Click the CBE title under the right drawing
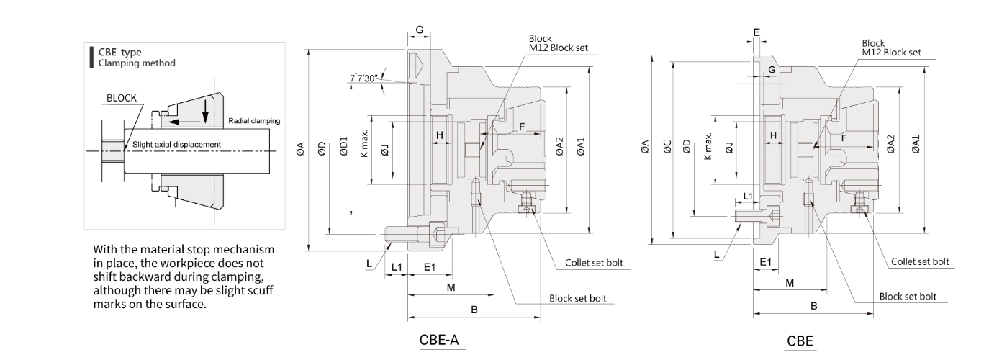click(x=800, y=341)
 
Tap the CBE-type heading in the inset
click(x=119, y=52)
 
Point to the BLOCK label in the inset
click(x=121, y=98)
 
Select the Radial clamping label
click(x=254, y=120)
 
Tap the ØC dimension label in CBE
click(x=667, y=147)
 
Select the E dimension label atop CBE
click(x=757, y=32)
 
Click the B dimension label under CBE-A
click(x=474, y=310)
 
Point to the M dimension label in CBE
click(x=790, y=283)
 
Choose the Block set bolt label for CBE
click(x=908, y=296)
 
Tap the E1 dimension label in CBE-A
click(x=430, y=267)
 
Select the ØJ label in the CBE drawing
click(x=728, y=148)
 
